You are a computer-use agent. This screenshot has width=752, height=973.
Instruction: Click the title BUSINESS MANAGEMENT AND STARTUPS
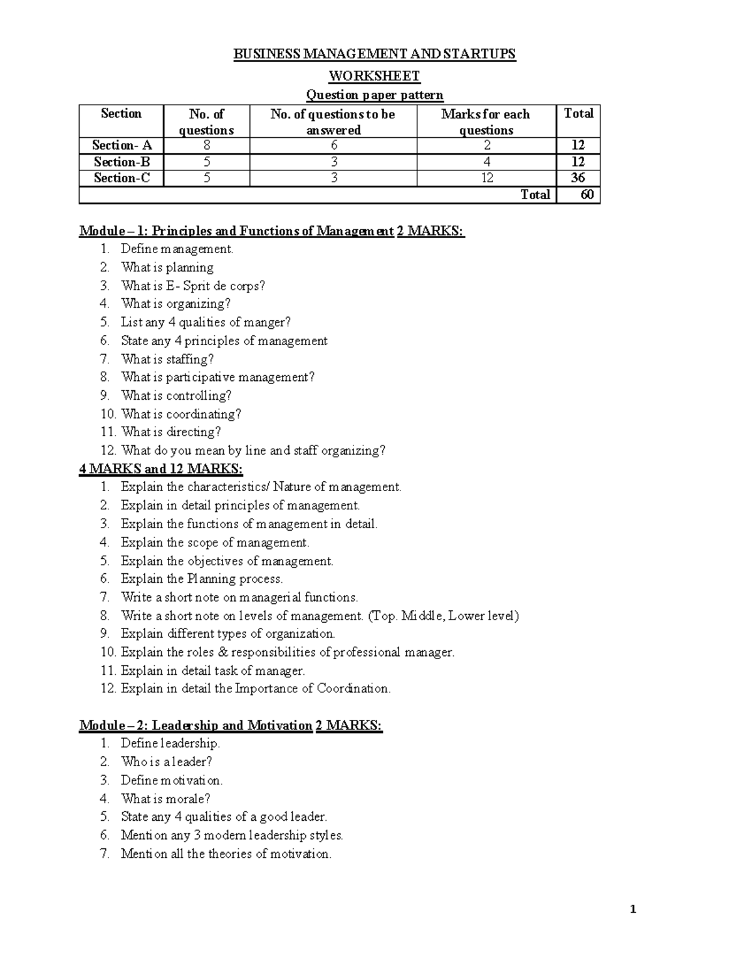tap(374, 54)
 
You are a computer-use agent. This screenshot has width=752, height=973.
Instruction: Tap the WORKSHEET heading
tap(374, 76)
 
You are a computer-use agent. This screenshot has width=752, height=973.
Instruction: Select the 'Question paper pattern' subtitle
tap(374, 95)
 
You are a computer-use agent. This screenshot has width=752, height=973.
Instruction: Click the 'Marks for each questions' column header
tap(486, 122)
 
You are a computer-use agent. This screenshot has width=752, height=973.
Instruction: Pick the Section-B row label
tap(122, 162)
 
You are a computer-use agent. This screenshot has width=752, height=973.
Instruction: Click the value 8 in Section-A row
tap(206, 145)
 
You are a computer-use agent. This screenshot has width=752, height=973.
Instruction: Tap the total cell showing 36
tap(578, 178)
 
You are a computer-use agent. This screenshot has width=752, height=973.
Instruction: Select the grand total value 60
tap(587, 194)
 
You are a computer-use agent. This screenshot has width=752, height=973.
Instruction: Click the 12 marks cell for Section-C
tap(487, 178)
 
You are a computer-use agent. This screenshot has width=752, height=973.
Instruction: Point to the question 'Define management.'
tap(177, 249)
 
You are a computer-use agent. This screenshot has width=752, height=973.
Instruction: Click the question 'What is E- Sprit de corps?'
tap(193, 286)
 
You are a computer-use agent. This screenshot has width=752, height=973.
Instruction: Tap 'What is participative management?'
tap(217, 377)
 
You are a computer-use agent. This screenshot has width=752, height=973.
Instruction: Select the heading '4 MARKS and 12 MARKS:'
tap(161, 469)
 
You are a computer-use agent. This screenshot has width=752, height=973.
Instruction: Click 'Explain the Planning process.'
tap(202, 578)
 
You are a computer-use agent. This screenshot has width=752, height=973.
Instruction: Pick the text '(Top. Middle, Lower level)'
tap(443, 615)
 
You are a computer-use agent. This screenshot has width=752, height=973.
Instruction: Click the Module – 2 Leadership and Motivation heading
tap(196, 726)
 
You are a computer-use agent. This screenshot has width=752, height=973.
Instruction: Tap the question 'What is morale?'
tap(165, 798)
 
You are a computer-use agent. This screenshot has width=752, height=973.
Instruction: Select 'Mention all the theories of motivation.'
tap(226, 853)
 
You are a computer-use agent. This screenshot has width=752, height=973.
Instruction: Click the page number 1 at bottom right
tap(633, 909)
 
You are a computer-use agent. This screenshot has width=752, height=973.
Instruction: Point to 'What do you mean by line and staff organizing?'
tap(253, 450)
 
